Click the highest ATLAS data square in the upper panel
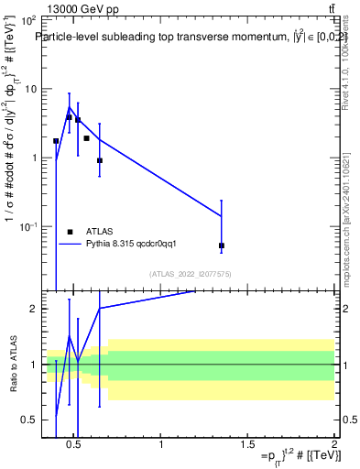pyautogui.click(x=69, y=117)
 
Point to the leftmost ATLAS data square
pyautogui.click(x=56, y=141)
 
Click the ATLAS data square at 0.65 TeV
pyautogui.click(x=100, y=160)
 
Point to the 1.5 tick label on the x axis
pyautogui.click(x=248, y=446)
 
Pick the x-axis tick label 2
pyautogui.click(x=334, y=446)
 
